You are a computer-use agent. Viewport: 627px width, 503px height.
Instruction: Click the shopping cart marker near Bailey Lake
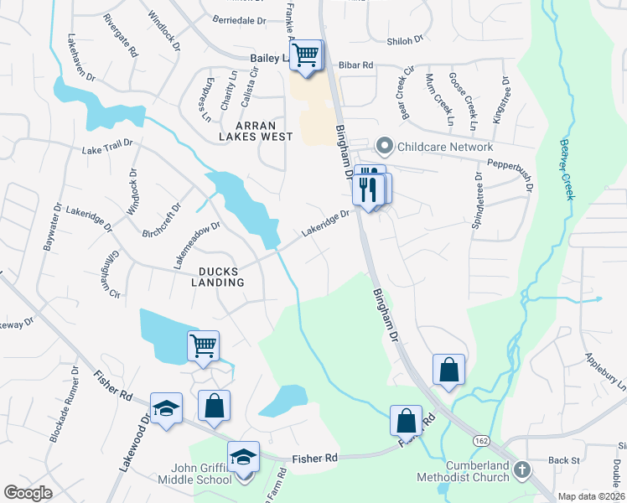click(307, 55)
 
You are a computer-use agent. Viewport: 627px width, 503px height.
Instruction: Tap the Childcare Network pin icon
click(384, 147)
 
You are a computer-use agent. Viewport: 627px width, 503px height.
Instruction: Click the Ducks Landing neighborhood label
click(221, 277)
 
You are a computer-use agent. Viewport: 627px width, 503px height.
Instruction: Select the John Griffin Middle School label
click(194, 473)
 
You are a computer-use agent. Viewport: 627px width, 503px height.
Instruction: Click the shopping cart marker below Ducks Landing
click(204, 345)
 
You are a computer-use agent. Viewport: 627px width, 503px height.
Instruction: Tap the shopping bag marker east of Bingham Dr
click(448, 369)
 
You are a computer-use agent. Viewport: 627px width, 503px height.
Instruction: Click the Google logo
click(28, 493)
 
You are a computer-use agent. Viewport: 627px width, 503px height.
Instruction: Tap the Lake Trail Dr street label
click(107, 148)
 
